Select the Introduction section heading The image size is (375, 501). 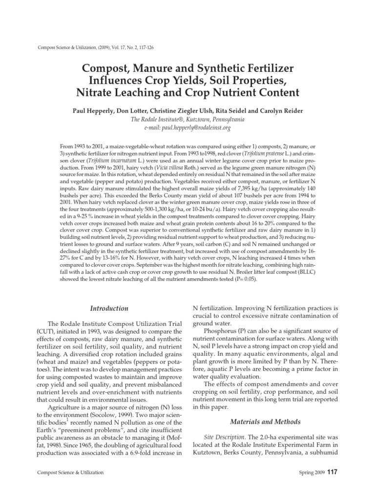pyautogui.click(x=110, y=308)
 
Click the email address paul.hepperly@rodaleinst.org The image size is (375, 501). pyautogui.click(x=187, y=128)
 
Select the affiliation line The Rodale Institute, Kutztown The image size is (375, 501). pyautogui.click(x=187, y=119)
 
